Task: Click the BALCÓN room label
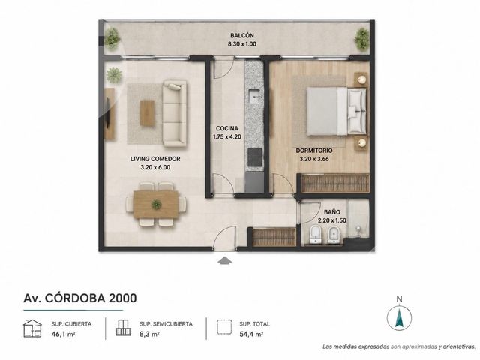click(x=242, y=35)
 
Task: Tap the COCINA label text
click(x=226, y=128)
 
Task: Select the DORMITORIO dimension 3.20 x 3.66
click(x=314, y=159)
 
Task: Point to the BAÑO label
click(x=332, y=211)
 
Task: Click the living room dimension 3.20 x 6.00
click(x=155, y=167)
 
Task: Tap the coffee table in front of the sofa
click(x=148, y=113)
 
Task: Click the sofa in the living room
click(x=174, y=113)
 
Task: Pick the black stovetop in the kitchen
click(x=255, y=157)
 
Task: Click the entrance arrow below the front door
click(x=225, y=260)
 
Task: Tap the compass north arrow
click(x=399, y=318)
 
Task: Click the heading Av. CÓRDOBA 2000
click(x=80, y=298)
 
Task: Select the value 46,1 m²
click(x=63, y=334)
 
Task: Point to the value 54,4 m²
click(x=251, y=334)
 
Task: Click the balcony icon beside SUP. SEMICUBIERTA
click(x=123, y=328)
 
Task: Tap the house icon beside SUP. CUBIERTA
click(x=32, y=328)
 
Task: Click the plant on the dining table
click(x=156, y=204)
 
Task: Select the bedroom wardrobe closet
click(x=335, y=183)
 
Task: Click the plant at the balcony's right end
click(x=361, y=39)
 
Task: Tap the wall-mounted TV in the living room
click(x=108, y=113)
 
